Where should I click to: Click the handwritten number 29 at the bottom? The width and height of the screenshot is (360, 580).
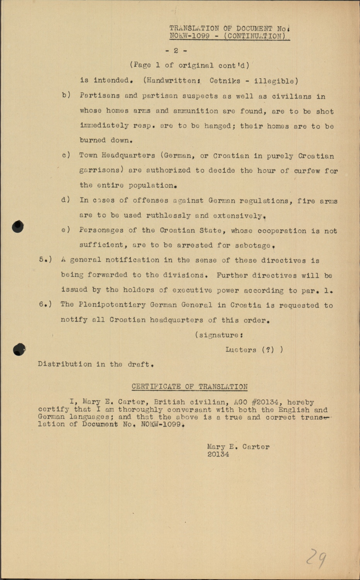point(316,558)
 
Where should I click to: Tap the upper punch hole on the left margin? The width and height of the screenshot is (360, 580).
point(18,227)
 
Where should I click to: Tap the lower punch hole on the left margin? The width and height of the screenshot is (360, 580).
point(19,350)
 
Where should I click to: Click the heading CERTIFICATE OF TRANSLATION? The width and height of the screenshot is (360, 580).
point(189,387)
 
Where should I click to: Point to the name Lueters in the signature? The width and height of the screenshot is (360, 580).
point(241,350)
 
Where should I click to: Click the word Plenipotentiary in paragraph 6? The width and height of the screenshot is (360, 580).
point(112,305)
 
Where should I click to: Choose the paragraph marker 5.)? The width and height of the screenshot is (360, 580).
point(45,260)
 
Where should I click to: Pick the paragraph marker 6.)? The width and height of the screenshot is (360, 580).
point(45,304)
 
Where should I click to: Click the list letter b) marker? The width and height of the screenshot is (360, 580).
point(66,95)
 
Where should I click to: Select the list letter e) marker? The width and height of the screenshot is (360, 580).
point(66,230)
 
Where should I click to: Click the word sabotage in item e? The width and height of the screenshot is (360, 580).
point(253,246)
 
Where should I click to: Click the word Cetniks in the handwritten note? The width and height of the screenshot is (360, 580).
point(225,81)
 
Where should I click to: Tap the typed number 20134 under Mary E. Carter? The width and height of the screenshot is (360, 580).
point(218,455)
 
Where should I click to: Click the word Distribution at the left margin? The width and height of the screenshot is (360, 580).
point(60,364)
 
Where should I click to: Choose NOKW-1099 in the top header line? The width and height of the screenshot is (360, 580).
point(189,36)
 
